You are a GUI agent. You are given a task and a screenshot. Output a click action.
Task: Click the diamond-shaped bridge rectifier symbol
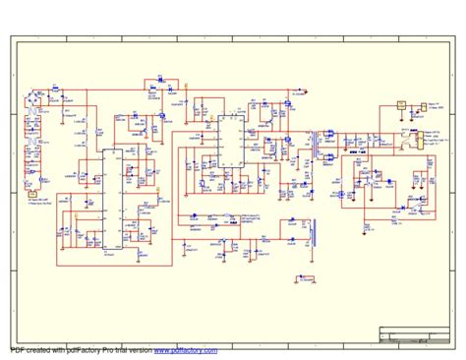[x=37, y=101]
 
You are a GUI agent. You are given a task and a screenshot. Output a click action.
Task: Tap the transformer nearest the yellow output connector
[x=406, y=142]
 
